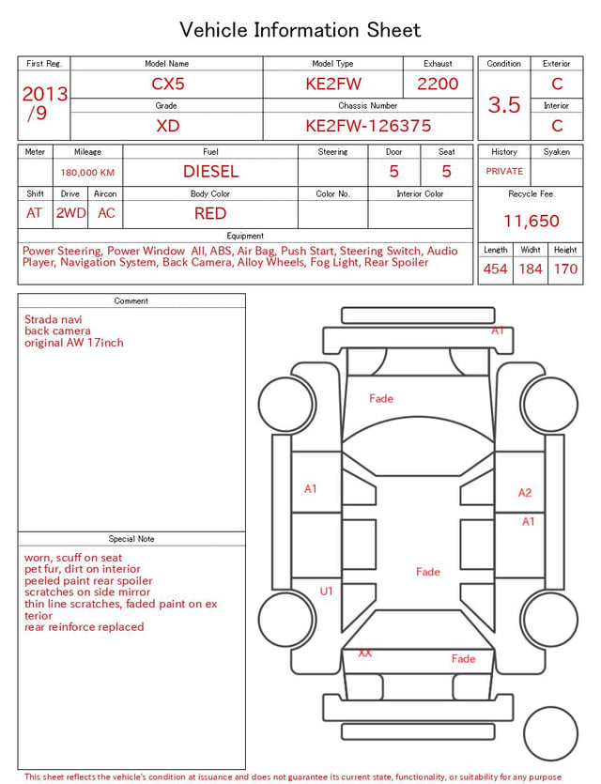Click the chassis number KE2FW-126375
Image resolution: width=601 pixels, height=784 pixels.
(368, 126)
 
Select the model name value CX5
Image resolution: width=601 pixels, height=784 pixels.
(168, 84)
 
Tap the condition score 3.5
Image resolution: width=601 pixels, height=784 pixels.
(504, 105)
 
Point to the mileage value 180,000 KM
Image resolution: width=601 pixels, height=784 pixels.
(87, 173)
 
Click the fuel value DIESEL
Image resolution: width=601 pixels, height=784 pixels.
(210, 172)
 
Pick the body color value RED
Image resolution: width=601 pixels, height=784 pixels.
(210, 213)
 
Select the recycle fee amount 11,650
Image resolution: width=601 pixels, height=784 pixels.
(531, 221)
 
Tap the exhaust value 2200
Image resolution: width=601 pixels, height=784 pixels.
(438, 84)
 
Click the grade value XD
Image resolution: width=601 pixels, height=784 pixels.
(167, 126)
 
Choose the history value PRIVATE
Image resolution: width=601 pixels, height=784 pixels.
(504, 172)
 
